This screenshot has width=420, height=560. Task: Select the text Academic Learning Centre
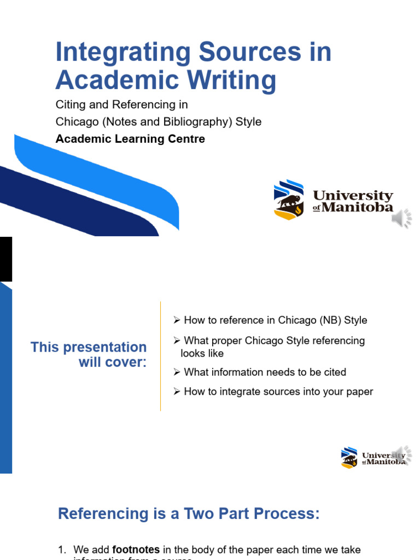coord(130,139)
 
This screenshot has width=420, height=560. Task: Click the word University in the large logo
coord(353,196)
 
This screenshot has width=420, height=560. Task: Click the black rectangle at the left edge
coord(5,259)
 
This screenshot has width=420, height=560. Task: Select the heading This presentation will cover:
coord(89,354)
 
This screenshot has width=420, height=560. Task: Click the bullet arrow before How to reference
coord(177,320)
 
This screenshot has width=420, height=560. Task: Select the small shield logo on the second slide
coord(349,457)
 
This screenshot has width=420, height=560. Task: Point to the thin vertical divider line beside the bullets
coord(161,355)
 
